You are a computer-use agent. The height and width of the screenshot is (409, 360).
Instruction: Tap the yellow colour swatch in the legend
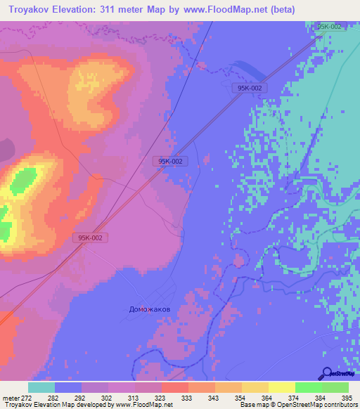281,387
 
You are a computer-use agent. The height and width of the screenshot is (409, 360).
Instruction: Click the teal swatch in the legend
41,387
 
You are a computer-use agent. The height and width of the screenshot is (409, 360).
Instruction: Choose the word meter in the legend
11,397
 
